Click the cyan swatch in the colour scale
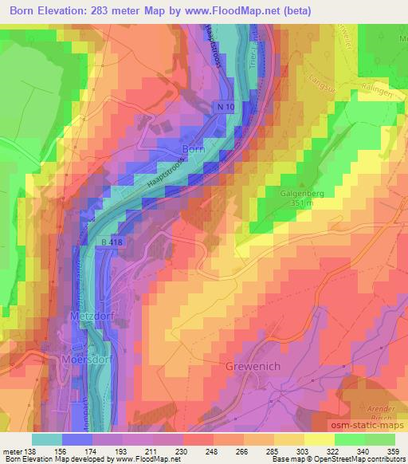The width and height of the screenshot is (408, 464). [x=47, y=438]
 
